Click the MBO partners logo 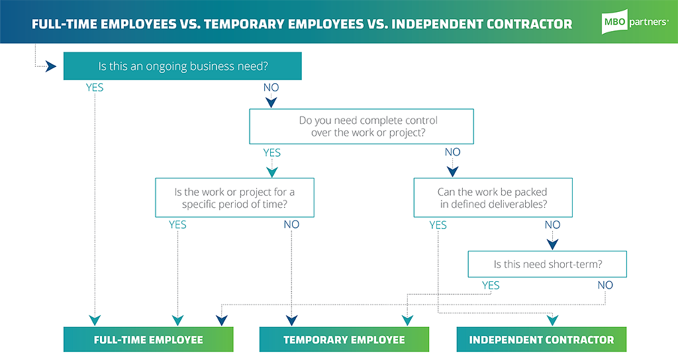[635, 22]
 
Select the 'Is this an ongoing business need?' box [183, 66]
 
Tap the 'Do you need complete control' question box [362, 126]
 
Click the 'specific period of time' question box [235, 197]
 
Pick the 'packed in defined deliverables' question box [493, 197]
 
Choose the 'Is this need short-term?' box [548, 264]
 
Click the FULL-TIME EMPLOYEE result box [148, 339]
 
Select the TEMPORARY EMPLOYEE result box [344, 339]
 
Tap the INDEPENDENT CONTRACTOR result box [542, 339]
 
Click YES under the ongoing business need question [95, 88]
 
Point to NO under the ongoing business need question [271, 88]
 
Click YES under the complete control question [272, 153]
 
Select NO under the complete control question [452, 152]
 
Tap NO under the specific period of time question [291, 224]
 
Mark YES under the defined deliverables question [438, 225]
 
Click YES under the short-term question [491, 286]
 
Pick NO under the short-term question [605, 285]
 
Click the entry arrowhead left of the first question [51, 67]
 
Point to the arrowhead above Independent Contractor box [553, 320]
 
